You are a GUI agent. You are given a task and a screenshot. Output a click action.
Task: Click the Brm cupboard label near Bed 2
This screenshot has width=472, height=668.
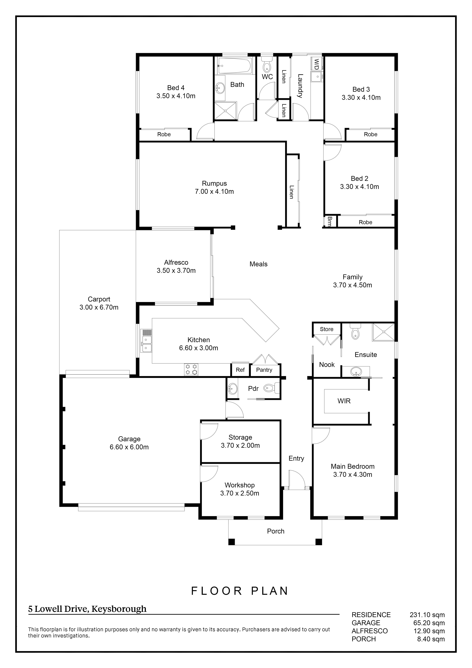pos(330,221)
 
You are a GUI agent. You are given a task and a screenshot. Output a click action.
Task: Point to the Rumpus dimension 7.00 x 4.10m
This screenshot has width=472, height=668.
pos(214,191)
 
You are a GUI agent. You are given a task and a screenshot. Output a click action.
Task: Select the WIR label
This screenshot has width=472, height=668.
pos(344,401)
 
